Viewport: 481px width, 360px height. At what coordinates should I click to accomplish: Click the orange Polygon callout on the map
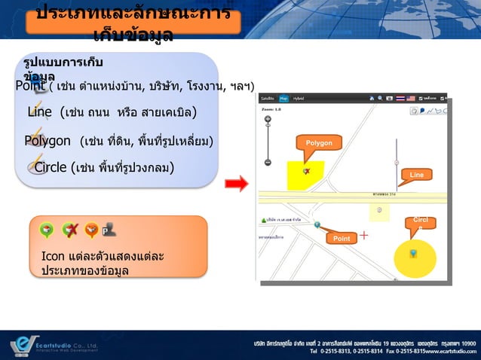(x=319, y=143)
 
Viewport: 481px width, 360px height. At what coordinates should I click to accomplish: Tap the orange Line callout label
(x=417, y=175)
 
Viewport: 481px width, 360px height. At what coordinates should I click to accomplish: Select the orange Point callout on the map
(x=342, y=238)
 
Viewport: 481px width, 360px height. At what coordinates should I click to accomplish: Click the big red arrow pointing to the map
(x=237, y=183)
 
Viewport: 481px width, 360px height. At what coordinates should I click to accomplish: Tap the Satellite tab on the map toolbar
(x=268, y=99)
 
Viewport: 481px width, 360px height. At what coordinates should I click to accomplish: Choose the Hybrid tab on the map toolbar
(x=299, y=99)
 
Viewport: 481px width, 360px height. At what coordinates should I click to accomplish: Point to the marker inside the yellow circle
(x=413, y=254)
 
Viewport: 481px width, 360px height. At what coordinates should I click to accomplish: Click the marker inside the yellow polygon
(x=306, y=171)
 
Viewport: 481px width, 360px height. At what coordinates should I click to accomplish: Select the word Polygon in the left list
(x=47, y=141)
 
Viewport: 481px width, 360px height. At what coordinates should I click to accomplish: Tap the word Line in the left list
(x=39, y=113)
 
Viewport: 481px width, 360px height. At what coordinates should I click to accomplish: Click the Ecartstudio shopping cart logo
(x=26, y=346)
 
